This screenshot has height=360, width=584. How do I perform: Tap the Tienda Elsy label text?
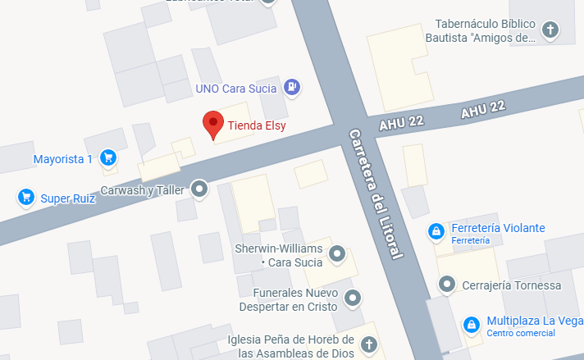coord(257,126)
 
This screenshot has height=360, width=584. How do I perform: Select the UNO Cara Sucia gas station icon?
coord(291,86)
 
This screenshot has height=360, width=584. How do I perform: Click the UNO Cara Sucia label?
coord(237,87)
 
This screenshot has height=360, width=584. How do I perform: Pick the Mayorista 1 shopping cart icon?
coord(107,157)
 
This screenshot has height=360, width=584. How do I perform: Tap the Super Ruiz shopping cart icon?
coord(25,197)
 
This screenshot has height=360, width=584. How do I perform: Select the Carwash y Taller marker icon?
coord(199,190)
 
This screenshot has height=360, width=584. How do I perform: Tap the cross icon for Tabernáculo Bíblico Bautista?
coord(550,30)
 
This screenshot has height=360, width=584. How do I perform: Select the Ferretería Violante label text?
coord(498,228)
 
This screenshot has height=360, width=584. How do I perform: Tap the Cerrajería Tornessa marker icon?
coord(447,285)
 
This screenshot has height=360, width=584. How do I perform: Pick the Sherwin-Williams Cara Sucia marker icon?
coord(336,255)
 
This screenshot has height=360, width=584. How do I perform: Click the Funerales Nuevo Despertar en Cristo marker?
coord(353,298)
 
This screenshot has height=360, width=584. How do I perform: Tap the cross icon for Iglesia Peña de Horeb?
coord(368,345)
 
